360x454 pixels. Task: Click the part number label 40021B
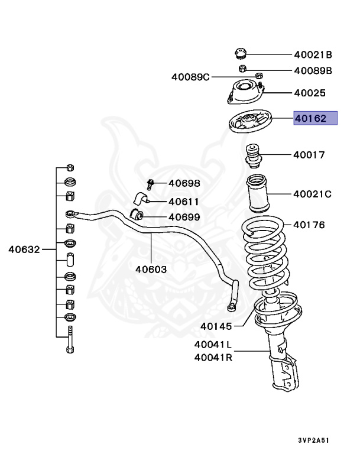click(x=313, y=55)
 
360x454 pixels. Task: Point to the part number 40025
click(x=310, y=93)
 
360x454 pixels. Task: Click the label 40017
click(x=309, y=155)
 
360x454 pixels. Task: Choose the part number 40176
click(x=309, y=225)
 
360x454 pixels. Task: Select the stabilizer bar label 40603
click(x=151, y=269)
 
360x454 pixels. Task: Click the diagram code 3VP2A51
click(x=313, y=440)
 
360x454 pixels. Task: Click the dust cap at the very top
click(x=241, y=53)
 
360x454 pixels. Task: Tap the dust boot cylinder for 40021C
click(x=258, y=193)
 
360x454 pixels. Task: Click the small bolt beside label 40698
click(x=150, y=184)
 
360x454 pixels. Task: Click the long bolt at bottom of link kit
click(x=70, y=340)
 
